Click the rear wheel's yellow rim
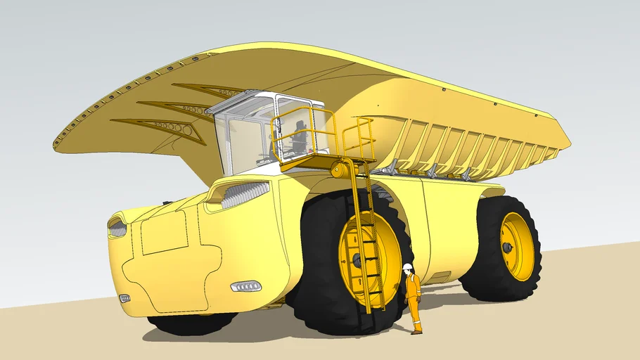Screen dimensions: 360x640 coord(517,246)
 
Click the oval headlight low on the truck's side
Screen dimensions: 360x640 coord(246,286)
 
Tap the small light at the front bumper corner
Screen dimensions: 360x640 coord(124,298)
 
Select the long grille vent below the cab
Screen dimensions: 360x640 coord(245,194)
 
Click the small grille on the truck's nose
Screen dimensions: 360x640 coord(117,228)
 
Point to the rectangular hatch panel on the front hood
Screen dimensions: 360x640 coord(164,233)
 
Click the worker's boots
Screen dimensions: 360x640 coord(416,331)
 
